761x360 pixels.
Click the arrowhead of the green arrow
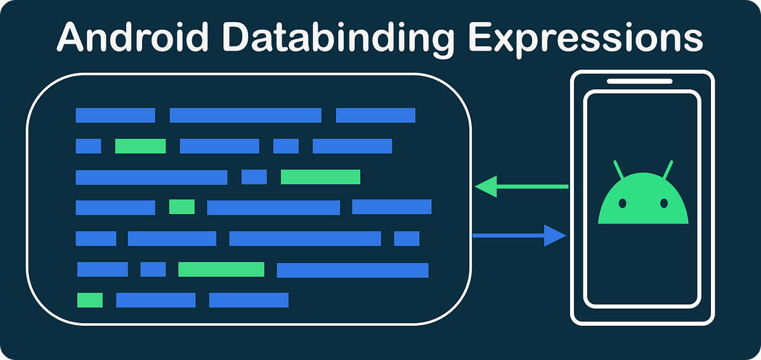point(486,186)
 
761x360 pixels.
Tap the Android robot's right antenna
point(667,170)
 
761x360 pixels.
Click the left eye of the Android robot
point(622,203)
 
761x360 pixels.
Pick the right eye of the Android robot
point(663,203)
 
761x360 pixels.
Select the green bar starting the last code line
point(89,300)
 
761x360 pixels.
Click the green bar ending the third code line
point(320,177)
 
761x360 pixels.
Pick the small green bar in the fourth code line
point(182,207)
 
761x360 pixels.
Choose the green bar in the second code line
point(140,146)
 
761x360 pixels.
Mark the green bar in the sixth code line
point(221,269)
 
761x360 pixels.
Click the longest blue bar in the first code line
point(245,115)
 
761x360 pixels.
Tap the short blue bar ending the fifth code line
point(407,238)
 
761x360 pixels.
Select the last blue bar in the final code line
point(249,300)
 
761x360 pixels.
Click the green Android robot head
point(642,203)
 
